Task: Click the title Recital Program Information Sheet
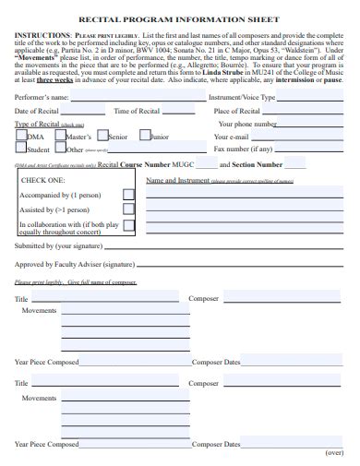pyautogui.click(x=181, y=16)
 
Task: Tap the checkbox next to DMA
pyautogui.click(x=22, y=136)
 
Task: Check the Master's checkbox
pyautogui.click(x=60, y=136)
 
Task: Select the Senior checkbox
pyautogui.click(x=102, y=136)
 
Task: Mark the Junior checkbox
pyautogui.click(x=144, y=136)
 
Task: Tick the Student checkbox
pyautogui.click(x=20, y=148)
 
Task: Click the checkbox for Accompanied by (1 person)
pyautogui.click(x=128, y=195)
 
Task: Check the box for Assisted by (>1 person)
pyautogui.click(x=128, y=209)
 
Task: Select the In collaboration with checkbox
pyautogui.click(x=128, y=224)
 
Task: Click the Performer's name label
pyautogui.click(x=42, y=97)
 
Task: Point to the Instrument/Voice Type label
pyautogui.click(x=242, y=97)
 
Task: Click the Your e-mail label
pyautogui.click(x=233, y=136)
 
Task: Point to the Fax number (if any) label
pyautogui.click(x=244, y=149)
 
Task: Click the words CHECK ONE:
pyautogui.click(x=42, y=181)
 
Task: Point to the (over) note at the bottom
pyautogui.click(x=334, y=454)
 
